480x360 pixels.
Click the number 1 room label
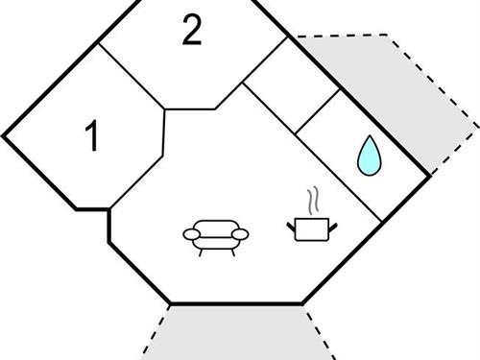(92, 137)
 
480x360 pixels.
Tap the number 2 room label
(192, 33)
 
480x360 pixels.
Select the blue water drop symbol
(369, 156)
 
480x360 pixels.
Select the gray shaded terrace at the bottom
(236, 334)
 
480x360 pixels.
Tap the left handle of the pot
(290, 227)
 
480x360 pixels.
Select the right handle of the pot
(334, 227)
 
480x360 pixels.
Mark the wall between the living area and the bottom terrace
(236, 305)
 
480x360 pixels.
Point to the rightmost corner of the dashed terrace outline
(476, 125)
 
